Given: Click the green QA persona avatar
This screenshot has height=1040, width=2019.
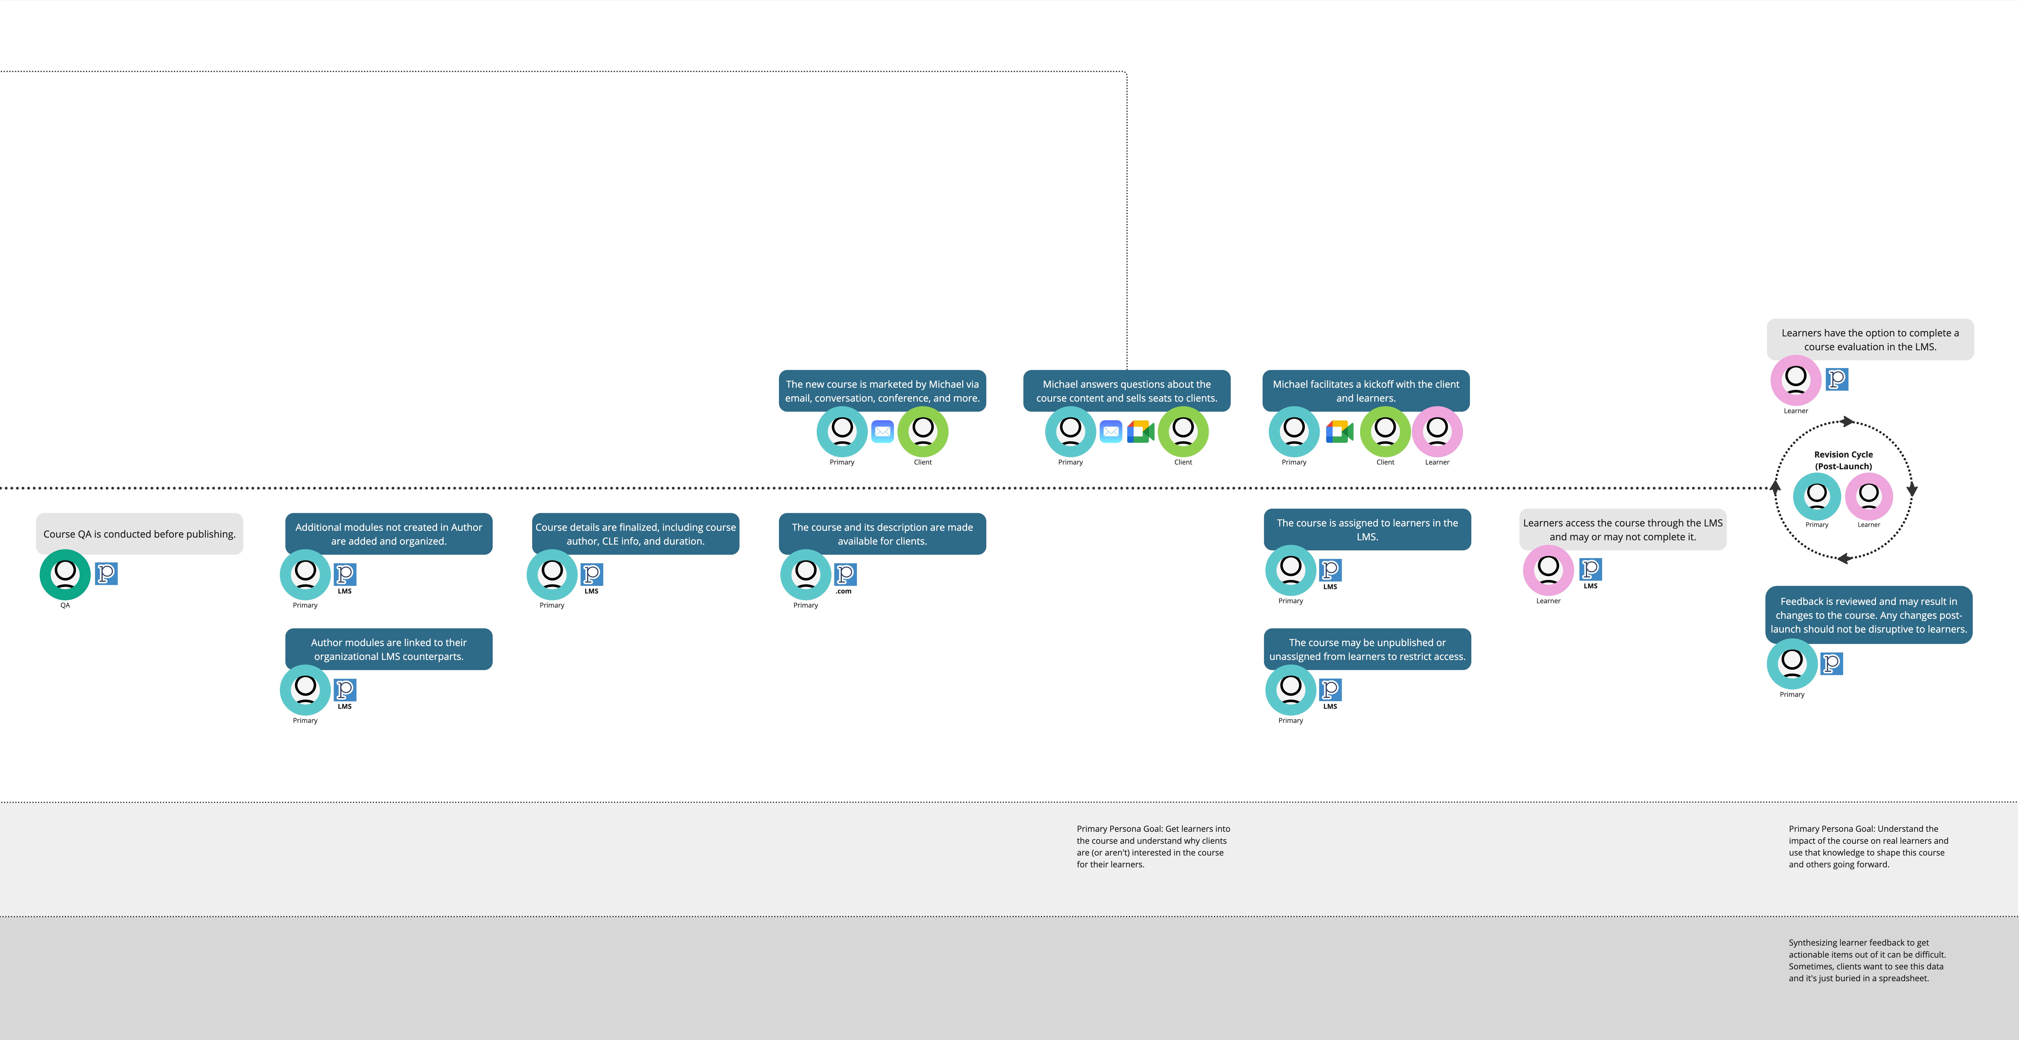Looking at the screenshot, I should click(65, 574).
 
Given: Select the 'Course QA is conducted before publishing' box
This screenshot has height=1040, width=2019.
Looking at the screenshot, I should click(140, 534).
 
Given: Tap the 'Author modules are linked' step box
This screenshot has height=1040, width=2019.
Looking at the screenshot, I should click(389, 649).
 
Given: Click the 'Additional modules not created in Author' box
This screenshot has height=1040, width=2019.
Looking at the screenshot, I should click(389, 534).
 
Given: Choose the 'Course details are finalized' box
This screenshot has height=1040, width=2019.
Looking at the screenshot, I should click(636, 534).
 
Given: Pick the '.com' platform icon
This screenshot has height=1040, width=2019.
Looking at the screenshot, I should click(845, 575).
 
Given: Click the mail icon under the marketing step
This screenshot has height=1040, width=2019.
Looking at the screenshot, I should click(882, 431).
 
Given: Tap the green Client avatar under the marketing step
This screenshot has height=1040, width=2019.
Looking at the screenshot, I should click(922, 431).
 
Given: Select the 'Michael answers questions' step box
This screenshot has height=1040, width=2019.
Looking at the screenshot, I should click(1126, 390).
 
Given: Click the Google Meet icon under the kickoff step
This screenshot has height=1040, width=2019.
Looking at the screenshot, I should click(1339, 431).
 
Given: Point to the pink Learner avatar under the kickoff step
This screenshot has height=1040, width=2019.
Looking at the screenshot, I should click(1437, 431).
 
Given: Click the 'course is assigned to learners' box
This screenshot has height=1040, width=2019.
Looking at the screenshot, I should click(1367, 529).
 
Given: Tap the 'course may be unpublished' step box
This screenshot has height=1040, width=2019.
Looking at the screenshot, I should click(1367, 649).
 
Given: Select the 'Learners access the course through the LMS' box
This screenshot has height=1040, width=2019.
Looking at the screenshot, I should click(1622, 529).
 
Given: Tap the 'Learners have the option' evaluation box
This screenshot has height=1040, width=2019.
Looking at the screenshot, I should click(1870, 339).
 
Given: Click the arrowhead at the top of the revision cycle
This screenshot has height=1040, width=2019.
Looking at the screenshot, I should click(1847, 422).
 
